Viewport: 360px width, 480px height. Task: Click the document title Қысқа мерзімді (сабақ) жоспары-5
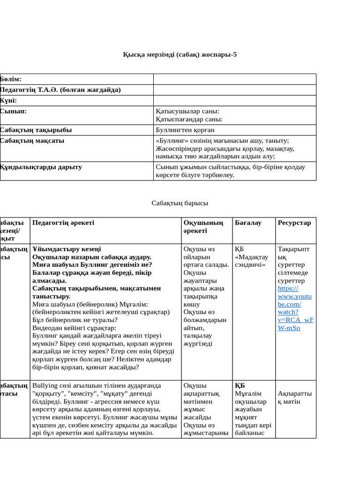(180, 54)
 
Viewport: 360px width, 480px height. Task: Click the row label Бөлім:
(11, 79)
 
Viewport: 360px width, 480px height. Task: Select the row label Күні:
(9, 100)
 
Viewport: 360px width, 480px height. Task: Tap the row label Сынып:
(14, 111)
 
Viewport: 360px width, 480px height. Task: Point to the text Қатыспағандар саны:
(189, 119)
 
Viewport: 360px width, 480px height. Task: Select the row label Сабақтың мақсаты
(32, 141)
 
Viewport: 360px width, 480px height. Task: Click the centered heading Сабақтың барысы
(180, 203)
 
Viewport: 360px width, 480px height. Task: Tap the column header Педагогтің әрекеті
(63, 223)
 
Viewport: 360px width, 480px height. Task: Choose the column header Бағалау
(248, 223)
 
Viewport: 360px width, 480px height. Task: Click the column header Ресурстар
(294, 223)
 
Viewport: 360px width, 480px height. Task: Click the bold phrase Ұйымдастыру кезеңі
(67, 249)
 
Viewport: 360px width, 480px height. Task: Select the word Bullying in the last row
(45, 386)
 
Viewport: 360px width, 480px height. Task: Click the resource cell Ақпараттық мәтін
(294, 397)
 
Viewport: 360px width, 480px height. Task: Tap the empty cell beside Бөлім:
(234, 79)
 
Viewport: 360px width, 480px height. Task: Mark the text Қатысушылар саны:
(187, 111)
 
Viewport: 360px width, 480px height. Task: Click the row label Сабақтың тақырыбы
(36, 130)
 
